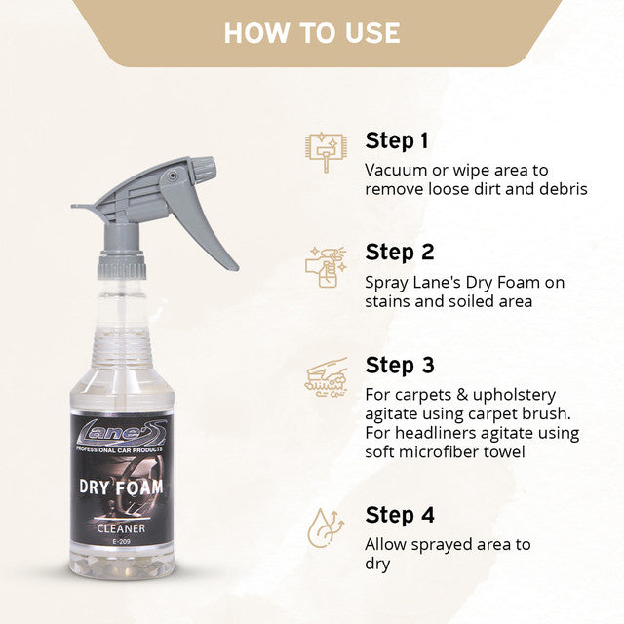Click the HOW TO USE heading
[312, 32]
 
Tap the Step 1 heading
[397, 139]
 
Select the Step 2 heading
[400, 253]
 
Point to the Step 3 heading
[400, 365]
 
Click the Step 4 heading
[400, 514]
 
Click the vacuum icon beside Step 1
[324, 152]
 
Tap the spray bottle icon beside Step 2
[324, 265]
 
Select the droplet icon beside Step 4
[324, 526]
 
